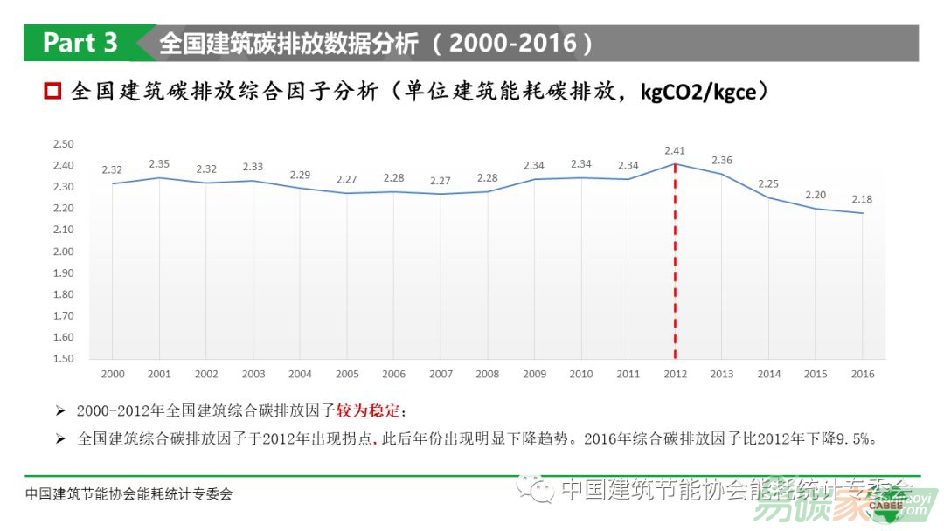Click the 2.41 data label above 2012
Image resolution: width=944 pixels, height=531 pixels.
[x=675, y=150]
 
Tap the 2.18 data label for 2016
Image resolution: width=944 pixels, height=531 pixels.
[x=863, y=199]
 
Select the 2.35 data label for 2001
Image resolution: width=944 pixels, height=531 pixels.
[x=159, y=163]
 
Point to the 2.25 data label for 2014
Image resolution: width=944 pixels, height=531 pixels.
[x=769, y=183]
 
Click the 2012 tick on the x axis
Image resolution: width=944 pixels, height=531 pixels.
[x=675, y=374]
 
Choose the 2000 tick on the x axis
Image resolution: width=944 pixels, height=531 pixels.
[x=112, y=374]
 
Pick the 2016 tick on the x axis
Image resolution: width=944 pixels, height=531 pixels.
[x=863, y=374]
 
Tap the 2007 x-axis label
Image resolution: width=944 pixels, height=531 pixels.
[x=441, y=374]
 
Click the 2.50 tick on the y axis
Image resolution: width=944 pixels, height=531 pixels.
[x=63, y=144]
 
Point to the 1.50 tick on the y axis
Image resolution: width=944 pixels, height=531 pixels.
[x=63, y=359]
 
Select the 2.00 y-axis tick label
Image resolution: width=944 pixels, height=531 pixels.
[x=63, y=252]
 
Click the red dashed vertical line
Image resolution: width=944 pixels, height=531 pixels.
[x=675, y=262]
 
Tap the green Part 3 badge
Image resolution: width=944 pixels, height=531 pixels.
[x=80, y=43]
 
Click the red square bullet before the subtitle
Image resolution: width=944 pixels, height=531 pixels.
[x=52, y=91]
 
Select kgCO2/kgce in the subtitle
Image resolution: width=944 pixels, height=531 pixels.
[x=698, y=91]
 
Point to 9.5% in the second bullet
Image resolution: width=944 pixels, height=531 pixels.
[x=851, y=438]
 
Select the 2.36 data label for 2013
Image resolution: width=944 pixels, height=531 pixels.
[x=722, y=160]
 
